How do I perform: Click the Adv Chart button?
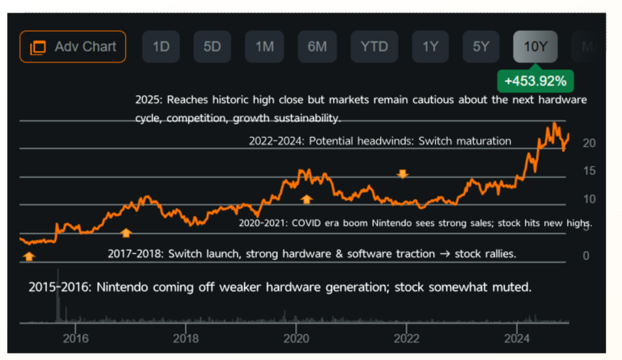(73, 47)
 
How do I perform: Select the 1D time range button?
(161, 47)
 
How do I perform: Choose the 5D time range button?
(212, 47)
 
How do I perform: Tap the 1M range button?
(264, 47)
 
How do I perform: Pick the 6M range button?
(317, 47)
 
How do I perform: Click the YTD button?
(374, 47)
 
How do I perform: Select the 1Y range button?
(430, 47)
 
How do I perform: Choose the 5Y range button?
(481, 47)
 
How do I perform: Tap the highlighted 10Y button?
(535, 47)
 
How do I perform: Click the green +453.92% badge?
(535, 81)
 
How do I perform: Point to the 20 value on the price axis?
(589, 143)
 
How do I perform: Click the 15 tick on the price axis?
(589, 171)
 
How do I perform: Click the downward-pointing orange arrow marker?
(403, 174)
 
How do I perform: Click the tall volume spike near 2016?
(57, 303)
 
